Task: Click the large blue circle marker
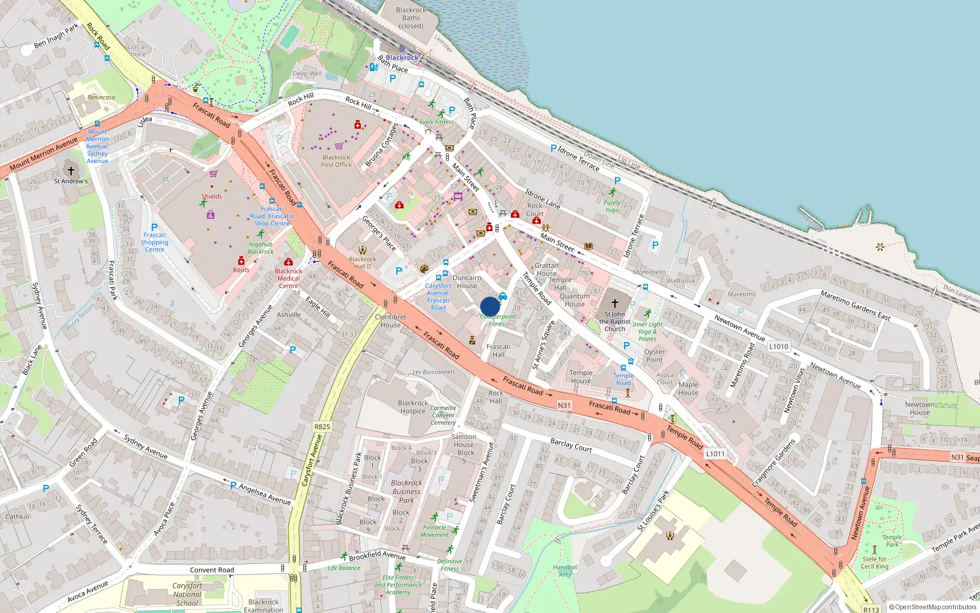[x=490, y=306]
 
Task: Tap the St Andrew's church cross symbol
[x=70, y=171]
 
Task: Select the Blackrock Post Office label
[x=336, y=161]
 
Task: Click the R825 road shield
[x=322, y=427]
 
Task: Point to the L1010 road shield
[x=778, y=346]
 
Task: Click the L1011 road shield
[x=715, y=454]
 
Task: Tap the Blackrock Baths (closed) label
[x=411, y=18]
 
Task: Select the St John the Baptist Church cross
[x=614, y=303]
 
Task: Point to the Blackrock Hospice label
[x=413, y=407]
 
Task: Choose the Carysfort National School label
[x=187, y=594]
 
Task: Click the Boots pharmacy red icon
[x=241, y=261]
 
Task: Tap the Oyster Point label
[x=654, y=356]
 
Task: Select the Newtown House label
[x=919, y=408]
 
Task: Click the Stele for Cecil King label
[x=875, y=562]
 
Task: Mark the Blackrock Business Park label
[x=406, y=491]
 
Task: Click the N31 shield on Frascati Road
[x=564, y=405]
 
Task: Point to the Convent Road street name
[x=212, y=569]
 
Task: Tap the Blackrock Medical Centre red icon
[x=288, y=262]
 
